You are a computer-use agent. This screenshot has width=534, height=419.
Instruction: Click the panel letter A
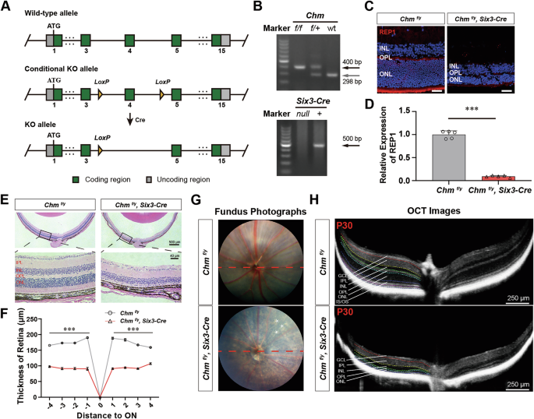click(6, 7)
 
